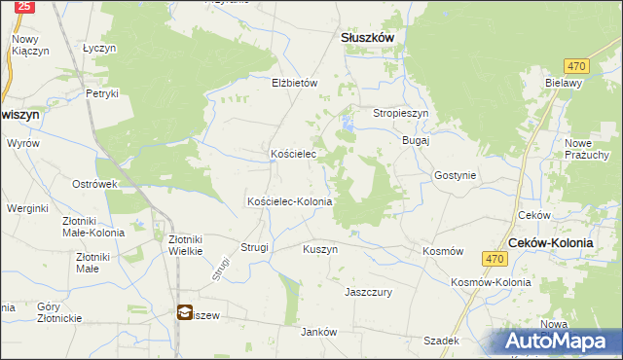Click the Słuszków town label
366,37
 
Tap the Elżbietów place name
294,84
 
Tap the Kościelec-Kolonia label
290,201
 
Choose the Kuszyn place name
320,249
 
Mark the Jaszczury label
368,291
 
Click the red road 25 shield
25,6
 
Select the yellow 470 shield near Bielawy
577,65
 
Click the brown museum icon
185,312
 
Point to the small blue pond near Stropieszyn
347,124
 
